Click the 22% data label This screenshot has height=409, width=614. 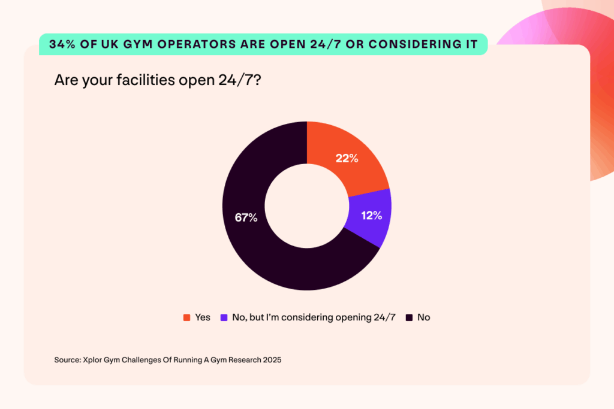tap(347, 159)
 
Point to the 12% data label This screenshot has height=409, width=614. tap(371, 216)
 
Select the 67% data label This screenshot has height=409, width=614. tap(246, 217)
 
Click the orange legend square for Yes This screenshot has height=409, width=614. tap(186, 317)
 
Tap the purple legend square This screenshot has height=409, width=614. tap(224, 317)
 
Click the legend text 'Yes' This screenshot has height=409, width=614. tap(203, 317)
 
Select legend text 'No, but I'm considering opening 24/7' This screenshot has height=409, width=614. tap(314, 317)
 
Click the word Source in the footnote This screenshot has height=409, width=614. tap(67, 360)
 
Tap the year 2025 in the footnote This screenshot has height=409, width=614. tap(270, 360)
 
